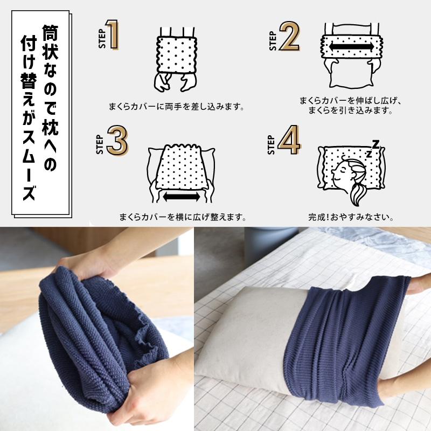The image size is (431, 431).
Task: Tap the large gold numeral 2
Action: [x=289, y=38]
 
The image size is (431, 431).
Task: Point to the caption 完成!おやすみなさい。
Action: [x=350, y=219]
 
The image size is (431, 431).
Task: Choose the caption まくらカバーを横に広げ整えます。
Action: [x=183, y=219]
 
